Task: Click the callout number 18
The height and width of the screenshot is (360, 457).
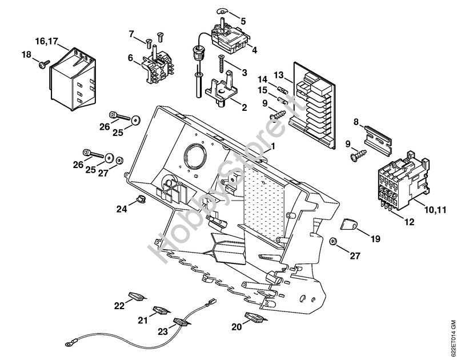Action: point(26,55)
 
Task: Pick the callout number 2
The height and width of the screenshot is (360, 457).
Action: point(244,107)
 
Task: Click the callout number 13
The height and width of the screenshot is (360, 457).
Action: point(278,75)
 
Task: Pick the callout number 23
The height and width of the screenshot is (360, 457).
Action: point(163,330)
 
